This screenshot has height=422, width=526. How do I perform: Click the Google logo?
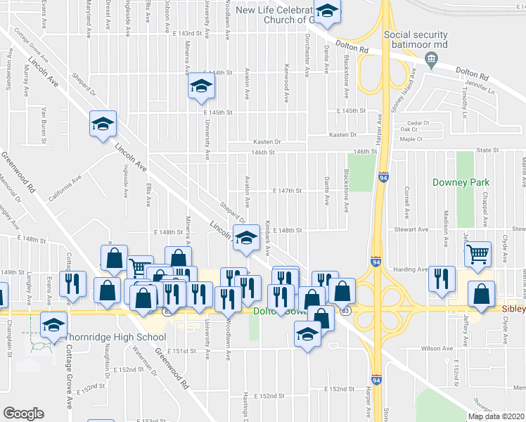23,414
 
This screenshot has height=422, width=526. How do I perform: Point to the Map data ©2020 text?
496,416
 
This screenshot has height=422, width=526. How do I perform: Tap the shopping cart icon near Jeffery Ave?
478,253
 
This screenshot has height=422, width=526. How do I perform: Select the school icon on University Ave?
202,87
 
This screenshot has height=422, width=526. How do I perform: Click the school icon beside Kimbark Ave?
246,238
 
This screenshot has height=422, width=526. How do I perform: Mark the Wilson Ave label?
437,348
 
